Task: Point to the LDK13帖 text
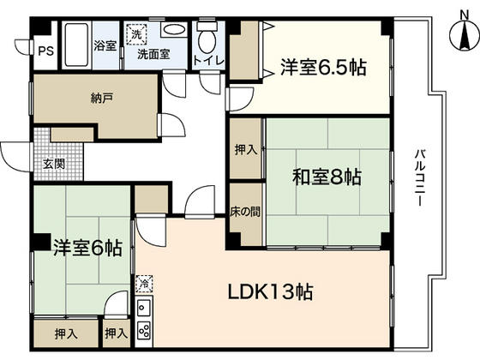tap(269, 291)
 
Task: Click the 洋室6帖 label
tap(82, 249)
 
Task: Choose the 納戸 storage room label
tap(101, 97)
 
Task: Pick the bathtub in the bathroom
tap(78, 44)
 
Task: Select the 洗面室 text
tap(153, 53)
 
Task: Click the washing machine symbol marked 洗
tap(135, 35)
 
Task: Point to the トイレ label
tap(206, 60)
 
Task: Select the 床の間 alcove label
tap(246, 210)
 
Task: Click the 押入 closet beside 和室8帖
tap(246, 150)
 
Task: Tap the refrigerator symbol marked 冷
tap(144, 281)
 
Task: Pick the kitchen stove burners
tap(144, 329)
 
